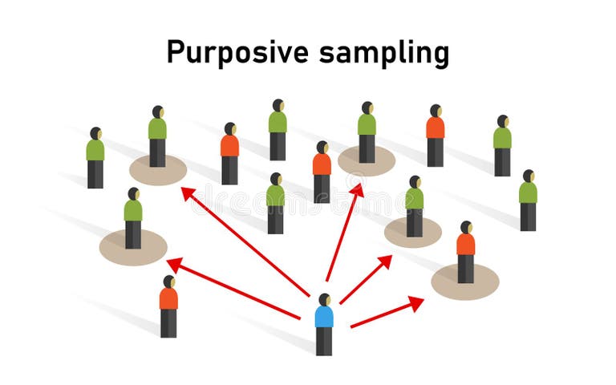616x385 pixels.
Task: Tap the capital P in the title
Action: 176,52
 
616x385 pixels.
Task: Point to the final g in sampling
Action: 439,56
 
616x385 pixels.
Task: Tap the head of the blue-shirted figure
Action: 324,299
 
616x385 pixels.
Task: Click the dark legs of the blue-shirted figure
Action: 324,341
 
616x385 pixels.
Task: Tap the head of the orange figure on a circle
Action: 466,227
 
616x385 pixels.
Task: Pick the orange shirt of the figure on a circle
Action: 465,244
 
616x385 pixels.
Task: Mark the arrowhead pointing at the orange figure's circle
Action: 416,302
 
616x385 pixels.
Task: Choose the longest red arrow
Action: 245,241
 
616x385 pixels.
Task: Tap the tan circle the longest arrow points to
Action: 158,170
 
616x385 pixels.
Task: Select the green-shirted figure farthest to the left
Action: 95,157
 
